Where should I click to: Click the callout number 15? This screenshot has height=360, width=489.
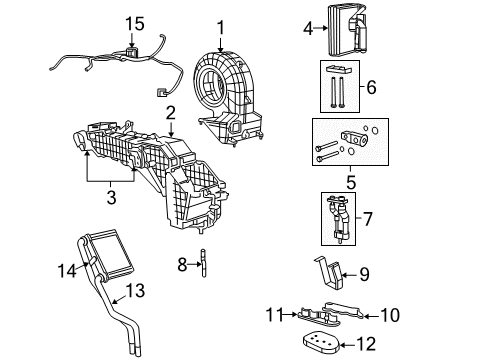pos(135,22)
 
